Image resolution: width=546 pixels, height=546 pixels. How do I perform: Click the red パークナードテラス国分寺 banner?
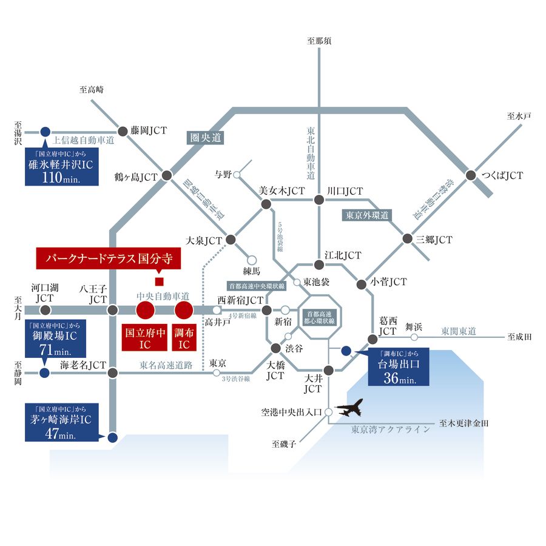coord(109,258)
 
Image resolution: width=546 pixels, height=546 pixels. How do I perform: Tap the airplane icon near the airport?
coord(349,408)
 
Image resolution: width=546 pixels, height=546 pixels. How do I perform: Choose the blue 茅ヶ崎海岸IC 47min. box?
coord(60,423)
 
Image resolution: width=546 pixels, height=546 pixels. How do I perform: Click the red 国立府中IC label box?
coord(144,338)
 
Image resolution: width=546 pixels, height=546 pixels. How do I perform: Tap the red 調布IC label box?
coord(183,338)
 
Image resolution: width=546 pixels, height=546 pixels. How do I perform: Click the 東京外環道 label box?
coord(367,215)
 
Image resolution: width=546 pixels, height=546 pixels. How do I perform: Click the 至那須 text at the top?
coord(319,41)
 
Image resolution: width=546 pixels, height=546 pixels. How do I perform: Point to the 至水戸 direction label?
coord(519,116)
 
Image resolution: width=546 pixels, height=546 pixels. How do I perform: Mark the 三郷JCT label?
coord(434,240)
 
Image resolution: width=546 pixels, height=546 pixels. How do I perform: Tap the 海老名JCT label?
coord(83,365)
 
